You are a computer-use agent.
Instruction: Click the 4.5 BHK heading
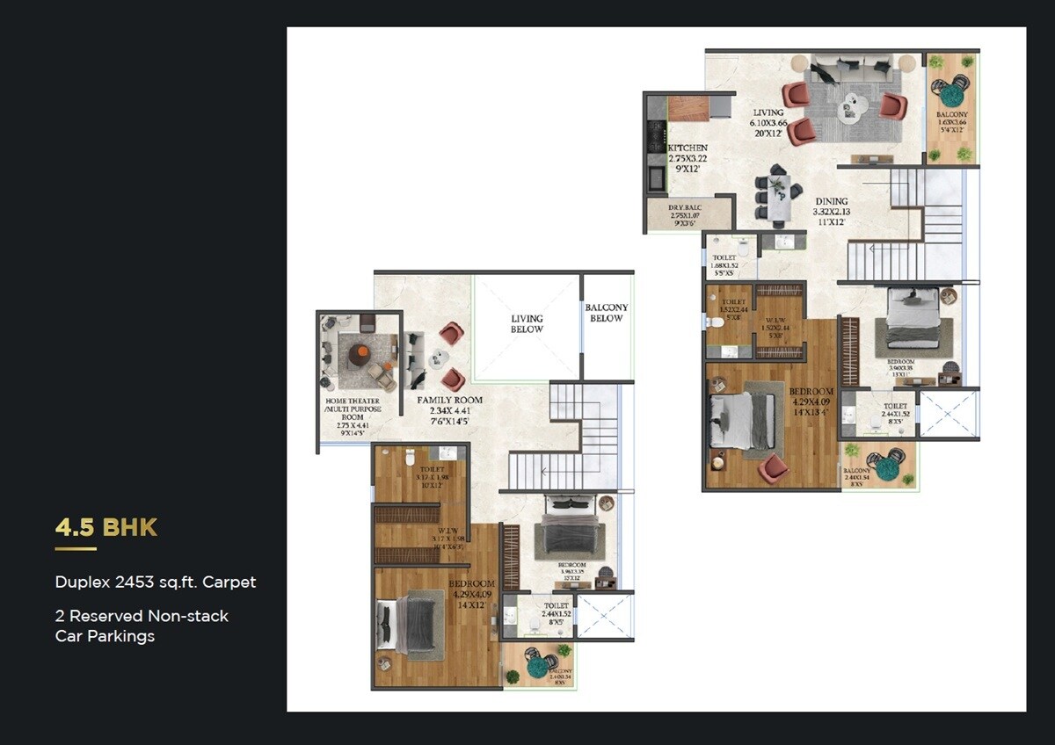pos(106,527)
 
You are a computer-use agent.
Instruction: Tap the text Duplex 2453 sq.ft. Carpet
pos(156,582)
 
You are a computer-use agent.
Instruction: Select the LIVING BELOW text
pos(527,323)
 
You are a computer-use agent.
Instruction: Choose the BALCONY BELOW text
pos(607,313)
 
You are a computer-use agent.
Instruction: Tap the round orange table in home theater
pos(360,354)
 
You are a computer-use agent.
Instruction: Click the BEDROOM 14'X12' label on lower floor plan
pos(472,594)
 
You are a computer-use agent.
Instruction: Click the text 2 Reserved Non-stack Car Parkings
pos(142,626)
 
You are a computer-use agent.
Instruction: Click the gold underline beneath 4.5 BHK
pos(76,549)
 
